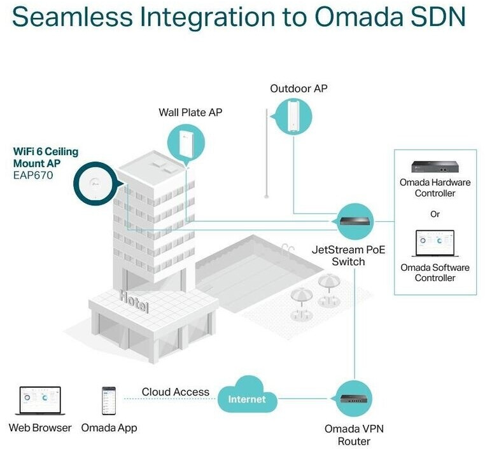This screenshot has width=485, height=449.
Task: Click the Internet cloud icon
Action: pyautogui.click(x=247, y=398)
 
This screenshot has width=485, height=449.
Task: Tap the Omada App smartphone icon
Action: pyautogui.click(x=109, y=401)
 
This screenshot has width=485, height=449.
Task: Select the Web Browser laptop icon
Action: pyautogui.click(x=39, y=401)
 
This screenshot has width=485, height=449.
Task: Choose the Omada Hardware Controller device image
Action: pyautogui.click(x=435, y=167)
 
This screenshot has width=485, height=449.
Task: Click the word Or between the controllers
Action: pyautogui.click(x=435, y=214)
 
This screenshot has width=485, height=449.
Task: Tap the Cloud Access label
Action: pyautogui.click(x=175, y=392)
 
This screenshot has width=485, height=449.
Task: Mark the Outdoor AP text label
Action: pyautogui.click(x=299, y=88)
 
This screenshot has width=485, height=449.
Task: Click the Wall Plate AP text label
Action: pyautogui.click(x=190, y=113)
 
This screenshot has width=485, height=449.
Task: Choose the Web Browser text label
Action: pyautogui.click(x=40, y=428)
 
